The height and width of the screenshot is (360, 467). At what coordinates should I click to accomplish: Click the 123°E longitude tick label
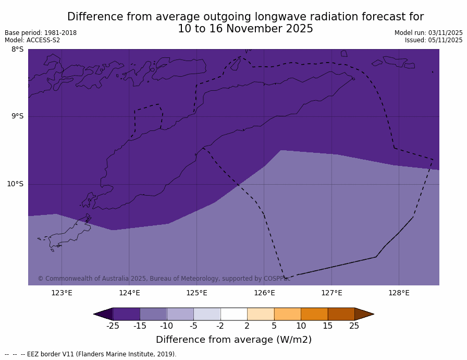tap(62, 293)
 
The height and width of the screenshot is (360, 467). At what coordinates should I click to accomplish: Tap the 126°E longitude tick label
tap(264, 293)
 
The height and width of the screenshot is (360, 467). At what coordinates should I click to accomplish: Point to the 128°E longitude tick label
tap(399, 293)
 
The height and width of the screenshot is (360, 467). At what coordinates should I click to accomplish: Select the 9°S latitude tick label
tap(17, 116)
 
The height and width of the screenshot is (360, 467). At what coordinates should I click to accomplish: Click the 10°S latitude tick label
tap(15, 184)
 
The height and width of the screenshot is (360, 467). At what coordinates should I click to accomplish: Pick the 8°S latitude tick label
tap(17, 50)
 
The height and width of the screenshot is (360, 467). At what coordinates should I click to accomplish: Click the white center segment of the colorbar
tap(233, 314)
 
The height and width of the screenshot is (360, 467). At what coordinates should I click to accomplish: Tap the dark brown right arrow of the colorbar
tap(363, 314)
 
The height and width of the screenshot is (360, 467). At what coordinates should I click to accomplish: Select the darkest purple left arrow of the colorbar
tap(104, 314)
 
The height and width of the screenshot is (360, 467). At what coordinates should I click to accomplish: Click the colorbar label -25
tap(113, 326)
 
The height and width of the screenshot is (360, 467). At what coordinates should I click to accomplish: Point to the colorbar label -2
tap(220, 326)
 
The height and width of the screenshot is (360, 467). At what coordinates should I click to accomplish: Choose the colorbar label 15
tap(327, 326)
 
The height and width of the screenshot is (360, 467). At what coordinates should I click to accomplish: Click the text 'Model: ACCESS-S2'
tap(32, 40)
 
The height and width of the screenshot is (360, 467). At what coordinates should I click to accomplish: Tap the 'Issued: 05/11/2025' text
tap(434, 40)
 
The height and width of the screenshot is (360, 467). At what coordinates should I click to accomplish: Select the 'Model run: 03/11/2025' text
tap(428, 33)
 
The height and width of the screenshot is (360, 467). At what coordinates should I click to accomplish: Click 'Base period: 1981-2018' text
tap(41, 33)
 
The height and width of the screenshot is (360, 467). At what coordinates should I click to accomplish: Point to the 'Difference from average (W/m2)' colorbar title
tap(233, 340)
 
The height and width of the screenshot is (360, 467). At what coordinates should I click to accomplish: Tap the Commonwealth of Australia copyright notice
tap(164, 279)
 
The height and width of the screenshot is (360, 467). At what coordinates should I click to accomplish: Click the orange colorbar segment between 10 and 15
tap(314, 314)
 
